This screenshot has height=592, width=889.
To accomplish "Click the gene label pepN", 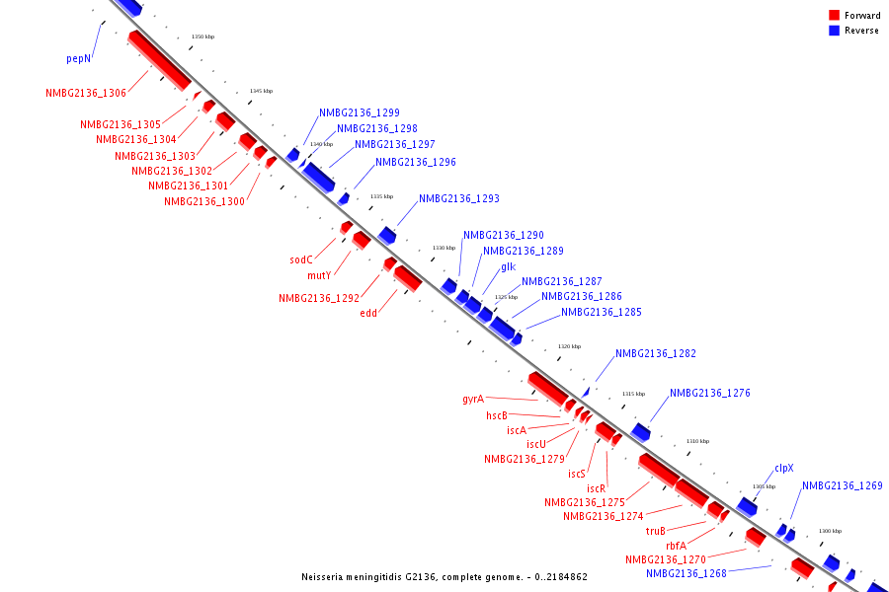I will (79, 58).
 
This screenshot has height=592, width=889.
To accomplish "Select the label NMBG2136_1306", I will (86, 93).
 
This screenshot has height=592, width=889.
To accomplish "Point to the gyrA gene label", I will (473, 400).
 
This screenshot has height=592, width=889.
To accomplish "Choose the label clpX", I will (784, 468).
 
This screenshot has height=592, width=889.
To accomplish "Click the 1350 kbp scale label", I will (202, 37).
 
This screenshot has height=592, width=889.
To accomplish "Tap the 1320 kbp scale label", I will (569, 346).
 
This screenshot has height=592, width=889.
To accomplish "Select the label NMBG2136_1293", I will (459, 198).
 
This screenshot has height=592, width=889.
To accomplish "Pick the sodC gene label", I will (301, 260).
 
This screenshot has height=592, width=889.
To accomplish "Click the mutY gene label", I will (319, 276).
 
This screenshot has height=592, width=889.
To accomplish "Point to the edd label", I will (368, 313).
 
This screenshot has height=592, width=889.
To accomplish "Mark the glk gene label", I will (508, 266).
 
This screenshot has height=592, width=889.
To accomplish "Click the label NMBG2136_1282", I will (656, 353).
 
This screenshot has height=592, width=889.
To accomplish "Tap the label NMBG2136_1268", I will (687, 573).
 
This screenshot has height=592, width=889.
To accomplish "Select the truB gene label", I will (656, 531).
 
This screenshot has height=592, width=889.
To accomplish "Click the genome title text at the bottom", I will (444, 576).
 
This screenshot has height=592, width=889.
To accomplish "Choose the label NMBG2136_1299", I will (360, 112).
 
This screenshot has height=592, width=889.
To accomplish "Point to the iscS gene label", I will (577, 474).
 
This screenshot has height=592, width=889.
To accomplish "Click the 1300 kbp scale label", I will (830, 531).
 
